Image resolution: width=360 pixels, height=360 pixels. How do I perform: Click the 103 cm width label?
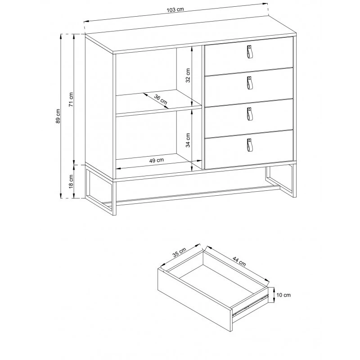tap(175, 9)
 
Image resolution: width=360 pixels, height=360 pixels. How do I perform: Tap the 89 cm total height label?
tap(58, 116)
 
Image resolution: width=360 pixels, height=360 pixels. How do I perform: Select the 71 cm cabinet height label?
tap(71, 99)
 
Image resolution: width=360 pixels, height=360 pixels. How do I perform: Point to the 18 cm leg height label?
tap(71, 181)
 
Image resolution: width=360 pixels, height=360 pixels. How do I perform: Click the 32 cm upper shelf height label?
tap(188, 75)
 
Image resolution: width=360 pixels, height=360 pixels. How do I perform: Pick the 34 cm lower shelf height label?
tap(188, 140)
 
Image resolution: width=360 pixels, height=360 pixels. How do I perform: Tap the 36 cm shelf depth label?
tap(161, 99)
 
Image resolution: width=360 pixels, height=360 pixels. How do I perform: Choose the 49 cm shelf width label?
tap(157, 160)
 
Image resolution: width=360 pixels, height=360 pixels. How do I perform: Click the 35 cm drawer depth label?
tap(179, 252)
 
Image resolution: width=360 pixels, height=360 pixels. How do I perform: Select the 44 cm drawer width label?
tap(239, 261)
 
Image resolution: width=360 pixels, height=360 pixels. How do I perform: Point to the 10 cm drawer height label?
tap(283, 295)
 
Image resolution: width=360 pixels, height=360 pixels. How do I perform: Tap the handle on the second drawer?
tap(250, 83)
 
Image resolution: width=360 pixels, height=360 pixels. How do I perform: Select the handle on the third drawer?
tap(250, 114)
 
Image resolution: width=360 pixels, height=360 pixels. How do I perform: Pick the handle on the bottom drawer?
tap(250, 145)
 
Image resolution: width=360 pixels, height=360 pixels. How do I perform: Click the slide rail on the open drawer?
tap(251, 305)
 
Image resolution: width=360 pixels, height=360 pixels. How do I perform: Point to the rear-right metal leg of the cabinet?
tap(280, 181)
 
